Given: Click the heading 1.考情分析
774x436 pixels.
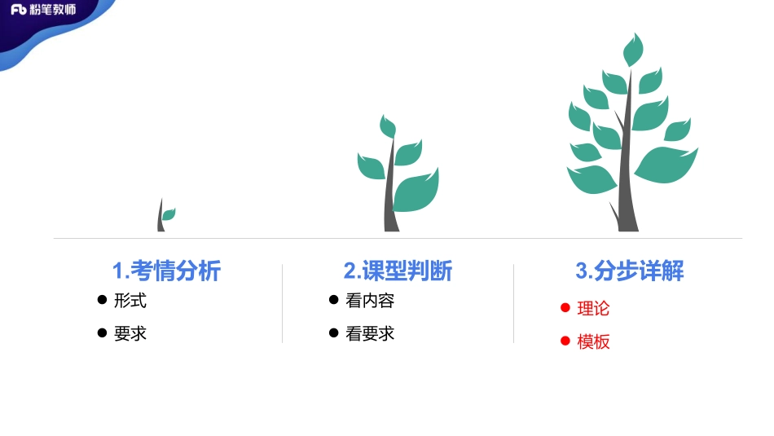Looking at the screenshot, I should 166,271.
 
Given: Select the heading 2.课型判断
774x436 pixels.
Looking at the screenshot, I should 398,271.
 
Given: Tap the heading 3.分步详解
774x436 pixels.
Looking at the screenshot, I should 630,271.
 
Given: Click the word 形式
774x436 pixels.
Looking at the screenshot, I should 130,300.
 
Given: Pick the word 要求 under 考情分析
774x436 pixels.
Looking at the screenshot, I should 130,333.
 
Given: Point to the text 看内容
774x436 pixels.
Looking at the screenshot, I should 370,300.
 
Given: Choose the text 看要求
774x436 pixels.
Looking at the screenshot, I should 370,333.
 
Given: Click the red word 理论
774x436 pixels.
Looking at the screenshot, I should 593,308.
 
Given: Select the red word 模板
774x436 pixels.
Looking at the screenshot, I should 593,341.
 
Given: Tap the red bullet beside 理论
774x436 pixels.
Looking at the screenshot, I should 565,307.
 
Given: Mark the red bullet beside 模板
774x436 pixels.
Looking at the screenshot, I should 565,341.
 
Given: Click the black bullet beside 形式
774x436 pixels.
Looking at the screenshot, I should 102,300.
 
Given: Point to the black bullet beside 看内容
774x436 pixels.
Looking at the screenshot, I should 333,300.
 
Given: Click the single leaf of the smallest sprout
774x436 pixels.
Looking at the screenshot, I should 169,214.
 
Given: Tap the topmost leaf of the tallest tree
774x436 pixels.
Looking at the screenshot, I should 633,51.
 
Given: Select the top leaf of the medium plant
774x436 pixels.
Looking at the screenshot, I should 388,126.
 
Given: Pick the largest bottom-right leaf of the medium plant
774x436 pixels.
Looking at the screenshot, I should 416,191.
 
